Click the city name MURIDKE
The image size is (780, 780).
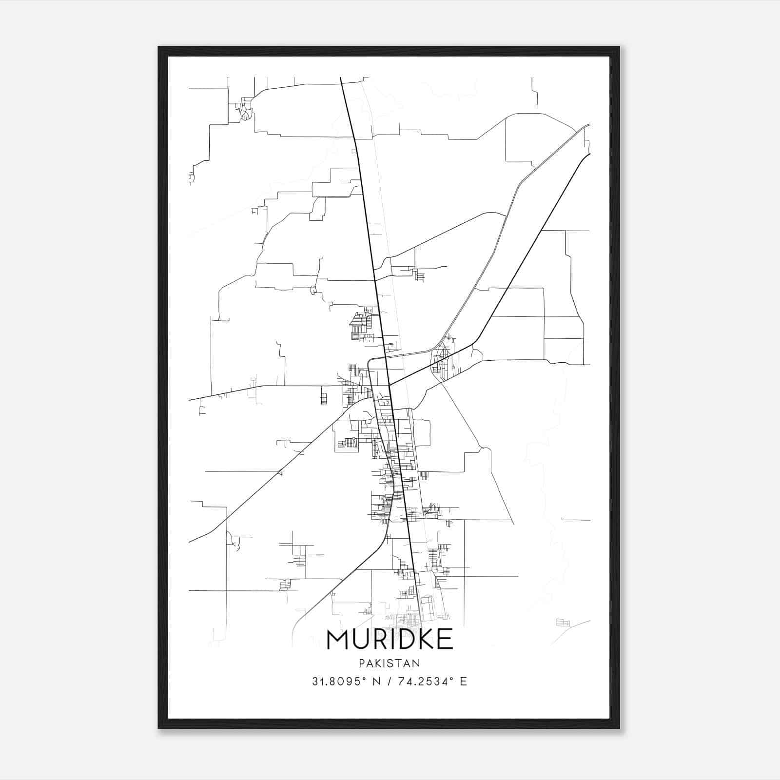pyautogui.click(x=390, y=640)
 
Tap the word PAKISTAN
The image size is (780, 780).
pyautogui.click(x=390, y=663)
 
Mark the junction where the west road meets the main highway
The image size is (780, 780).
pyautogui.click(x=389, y=386)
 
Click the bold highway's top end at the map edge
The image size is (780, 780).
pyautogui.click(x=340, y=78)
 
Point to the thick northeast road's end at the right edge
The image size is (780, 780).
pyautogui.click(x=589, y=154)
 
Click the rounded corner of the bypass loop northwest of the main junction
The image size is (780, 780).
pyautogui.click(x=369, y=361)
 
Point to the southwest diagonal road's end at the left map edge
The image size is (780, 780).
pyautogui.click(x=190, y=542)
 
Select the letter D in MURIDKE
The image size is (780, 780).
pyautogui.click(x=404, y=640)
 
